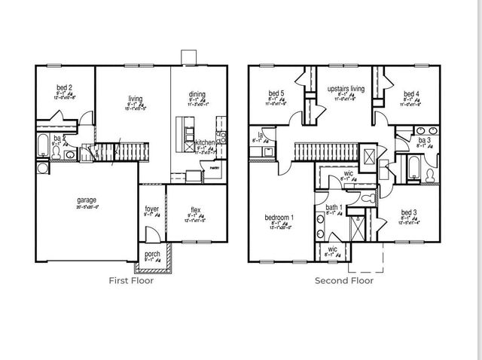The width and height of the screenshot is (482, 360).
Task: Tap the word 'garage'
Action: (x=87, y=200)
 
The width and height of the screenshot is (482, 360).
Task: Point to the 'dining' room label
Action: (x=197, y=94)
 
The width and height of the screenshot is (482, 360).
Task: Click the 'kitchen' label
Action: (x=205, y=142)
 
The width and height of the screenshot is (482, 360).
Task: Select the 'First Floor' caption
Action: (x=132, y=280)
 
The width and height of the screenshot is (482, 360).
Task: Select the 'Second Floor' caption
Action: (x=344, y=280)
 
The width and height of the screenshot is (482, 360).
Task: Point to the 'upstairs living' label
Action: (x=346, y=89)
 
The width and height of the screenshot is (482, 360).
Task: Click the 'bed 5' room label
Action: (x=275, y=94)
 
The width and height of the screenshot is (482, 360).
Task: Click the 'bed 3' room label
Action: (x=408, y=213)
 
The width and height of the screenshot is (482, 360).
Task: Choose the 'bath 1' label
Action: (x=334, y=207)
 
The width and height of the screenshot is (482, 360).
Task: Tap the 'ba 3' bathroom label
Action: (x=424, y=140)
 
